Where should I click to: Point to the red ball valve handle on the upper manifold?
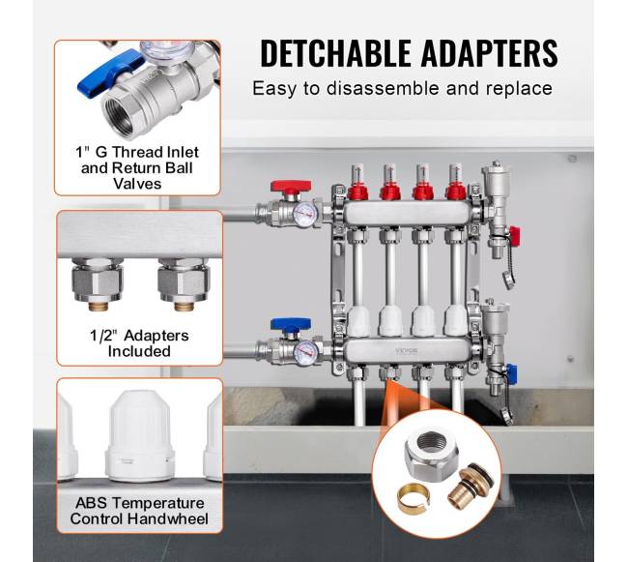click(x=291, y=188)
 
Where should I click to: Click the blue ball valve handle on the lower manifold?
click(x=291, y=324)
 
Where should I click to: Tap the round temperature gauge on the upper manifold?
click(x=305, y=214)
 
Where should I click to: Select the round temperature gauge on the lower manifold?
click(x=306, y=353)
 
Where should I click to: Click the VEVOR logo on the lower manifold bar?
click(x=406, y=351)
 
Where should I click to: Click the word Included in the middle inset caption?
click(x=139, y=351)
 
